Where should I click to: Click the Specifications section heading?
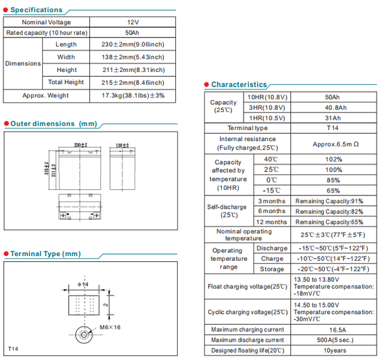coord(36,10)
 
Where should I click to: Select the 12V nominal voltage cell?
coord(132,22)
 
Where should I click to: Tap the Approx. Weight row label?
coord(45,96)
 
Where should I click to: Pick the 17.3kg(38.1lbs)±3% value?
coord(132,96)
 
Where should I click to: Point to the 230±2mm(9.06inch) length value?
coord(132,45)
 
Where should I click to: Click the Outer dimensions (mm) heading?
coord(53,123)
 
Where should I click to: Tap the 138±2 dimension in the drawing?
coord(123,146)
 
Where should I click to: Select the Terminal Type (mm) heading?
coord(45,254)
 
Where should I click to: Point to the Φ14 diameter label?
coord(83,284)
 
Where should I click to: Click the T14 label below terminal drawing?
coord(14,349)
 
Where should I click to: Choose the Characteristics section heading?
coord(239,85)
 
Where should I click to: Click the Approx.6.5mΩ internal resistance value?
coord(335,144)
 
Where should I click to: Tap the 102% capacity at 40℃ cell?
coord(333,159)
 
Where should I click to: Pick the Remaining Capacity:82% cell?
coord(329,211)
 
